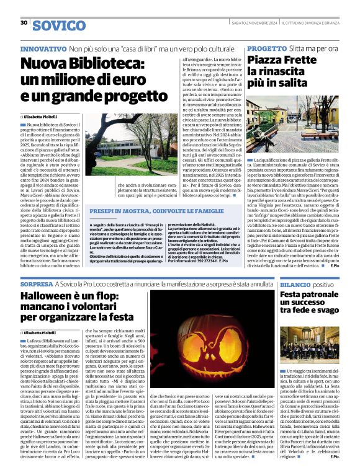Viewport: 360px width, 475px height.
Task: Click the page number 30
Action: pos(24,22)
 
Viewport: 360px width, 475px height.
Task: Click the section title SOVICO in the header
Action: pos(59,25)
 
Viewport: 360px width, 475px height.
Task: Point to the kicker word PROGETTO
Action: pos(267,48)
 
